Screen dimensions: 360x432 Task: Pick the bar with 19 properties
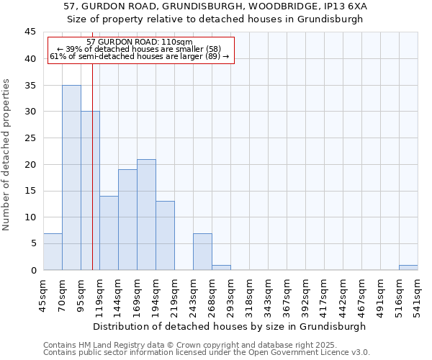127,220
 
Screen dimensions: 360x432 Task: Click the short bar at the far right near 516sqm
408,268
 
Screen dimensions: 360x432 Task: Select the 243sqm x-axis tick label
194,294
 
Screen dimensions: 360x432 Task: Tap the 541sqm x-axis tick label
418,294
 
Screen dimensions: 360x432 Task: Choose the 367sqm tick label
287,294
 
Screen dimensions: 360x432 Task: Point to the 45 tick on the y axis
30,32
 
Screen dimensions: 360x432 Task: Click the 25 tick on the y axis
30,138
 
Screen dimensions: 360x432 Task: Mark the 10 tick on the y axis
30,217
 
